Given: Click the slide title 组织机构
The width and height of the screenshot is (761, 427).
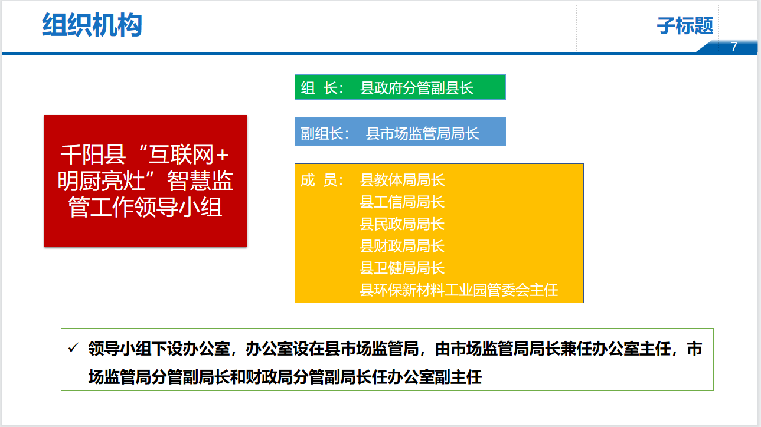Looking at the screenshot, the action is pos(92,25).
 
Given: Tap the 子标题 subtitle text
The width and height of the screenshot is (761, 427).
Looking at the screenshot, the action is pos(685,26).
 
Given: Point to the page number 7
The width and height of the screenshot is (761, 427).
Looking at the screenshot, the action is pos(734,47).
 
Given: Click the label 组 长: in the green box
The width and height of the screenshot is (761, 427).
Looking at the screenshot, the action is pos(322,88).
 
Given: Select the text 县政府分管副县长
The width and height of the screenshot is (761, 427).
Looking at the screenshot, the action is pos(416,88).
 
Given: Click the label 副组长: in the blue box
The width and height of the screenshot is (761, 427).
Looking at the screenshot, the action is pos(325,133).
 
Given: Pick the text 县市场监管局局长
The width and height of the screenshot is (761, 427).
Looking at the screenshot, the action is pos(422,133).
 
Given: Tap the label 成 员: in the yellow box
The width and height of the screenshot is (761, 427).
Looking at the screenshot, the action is pos(322,180).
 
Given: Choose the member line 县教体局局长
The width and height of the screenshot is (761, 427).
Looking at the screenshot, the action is pos(402,180).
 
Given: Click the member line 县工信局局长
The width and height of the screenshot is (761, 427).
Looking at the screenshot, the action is pos(402,202).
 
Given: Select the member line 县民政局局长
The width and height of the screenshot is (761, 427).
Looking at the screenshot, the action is pos(402,224).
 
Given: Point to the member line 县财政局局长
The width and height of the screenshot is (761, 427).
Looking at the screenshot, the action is pos(402,246).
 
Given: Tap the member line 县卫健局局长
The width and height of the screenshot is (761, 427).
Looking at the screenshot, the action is pos(402,268).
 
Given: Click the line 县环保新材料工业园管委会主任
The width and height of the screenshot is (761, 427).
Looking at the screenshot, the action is pos(459,290).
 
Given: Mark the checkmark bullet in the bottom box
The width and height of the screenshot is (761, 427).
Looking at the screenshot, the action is pos(73,347).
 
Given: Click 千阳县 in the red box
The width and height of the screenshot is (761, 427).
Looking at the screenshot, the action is pos(93,155).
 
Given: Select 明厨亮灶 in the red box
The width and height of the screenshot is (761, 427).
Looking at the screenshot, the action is pos(101,181).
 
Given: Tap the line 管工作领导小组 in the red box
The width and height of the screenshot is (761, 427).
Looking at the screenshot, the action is pos(145,207).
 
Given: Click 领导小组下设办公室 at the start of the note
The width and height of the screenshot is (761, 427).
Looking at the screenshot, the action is pos(159,349).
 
